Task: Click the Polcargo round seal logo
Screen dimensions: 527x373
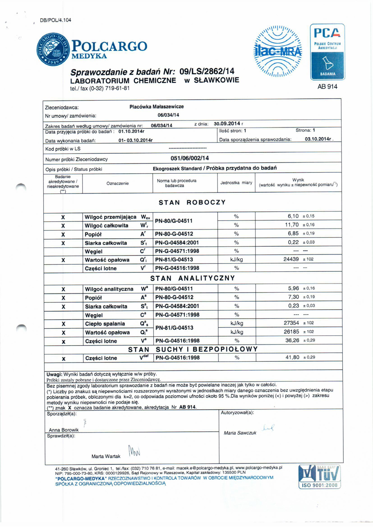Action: [53, 49]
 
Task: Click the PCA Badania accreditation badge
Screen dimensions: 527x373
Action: [327, 52]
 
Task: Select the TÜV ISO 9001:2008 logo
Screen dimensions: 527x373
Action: [319, 476]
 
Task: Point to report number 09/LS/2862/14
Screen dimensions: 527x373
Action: [206, 71]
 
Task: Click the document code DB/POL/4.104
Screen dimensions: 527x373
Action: [55, 20]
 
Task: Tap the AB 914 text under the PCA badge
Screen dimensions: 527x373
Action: [327, 87]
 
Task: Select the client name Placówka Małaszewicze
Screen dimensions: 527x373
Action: [156, 107]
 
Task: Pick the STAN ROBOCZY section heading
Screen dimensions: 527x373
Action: [192, 202]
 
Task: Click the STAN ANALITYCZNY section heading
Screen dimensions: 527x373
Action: [192, 278]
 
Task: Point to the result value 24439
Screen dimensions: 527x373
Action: [291, 259]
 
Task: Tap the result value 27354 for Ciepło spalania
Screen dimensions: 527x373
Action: [291, 323]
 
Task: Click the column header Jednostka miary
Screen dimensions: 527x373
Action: [236, 183]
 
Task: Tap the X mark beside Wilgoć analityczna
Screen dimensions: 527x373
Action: [63, 289]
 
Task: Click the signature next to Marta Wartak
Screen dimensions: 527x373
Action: [134, 450]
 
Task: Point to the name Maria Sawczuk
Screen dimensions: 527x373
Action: [240, 433]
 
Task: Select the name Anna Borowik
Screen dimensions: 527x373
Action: [64, 430]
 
